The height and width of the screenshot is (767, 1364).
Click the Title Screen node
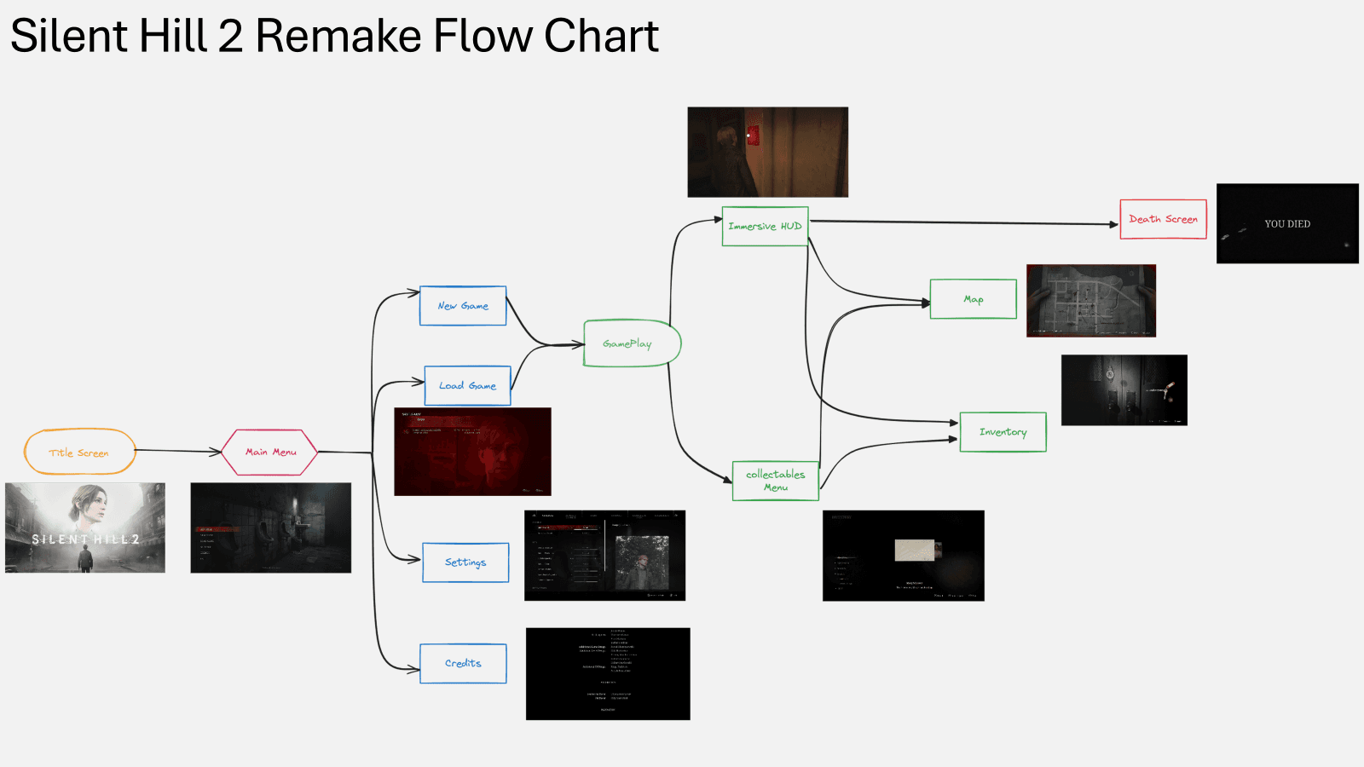79,452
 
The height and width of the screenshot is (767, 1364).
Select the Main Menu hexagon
270,452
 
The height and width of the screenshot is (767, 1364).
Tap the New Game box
463,306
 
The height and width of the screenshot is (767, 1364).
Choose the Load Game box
467,385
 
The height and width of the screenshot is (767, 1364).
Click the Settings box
465,562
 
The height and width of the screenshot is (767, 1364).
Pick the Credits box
463,663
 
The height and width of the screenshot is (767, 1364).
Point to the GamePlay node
629,343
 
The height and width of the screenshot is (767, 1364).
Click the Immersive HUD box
765,226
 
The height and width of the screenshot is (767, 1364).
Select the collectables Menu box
775,481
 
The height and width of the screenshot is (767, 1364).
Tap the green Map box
973,299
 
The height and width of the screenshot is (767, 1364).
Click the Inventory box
1003,432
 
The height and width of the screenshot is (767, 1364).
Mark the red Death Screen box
1163,219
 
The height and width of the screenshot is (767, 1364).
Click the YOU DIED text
1287,224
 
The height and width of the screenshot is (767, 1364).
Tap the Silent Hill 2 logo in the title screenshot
85,539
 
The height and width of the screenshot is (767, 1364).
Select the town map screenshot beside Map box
1091,300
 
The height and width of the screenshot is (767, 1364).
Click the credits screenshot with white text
608,673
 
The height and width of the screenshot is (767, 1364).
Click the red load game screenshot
472,452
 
